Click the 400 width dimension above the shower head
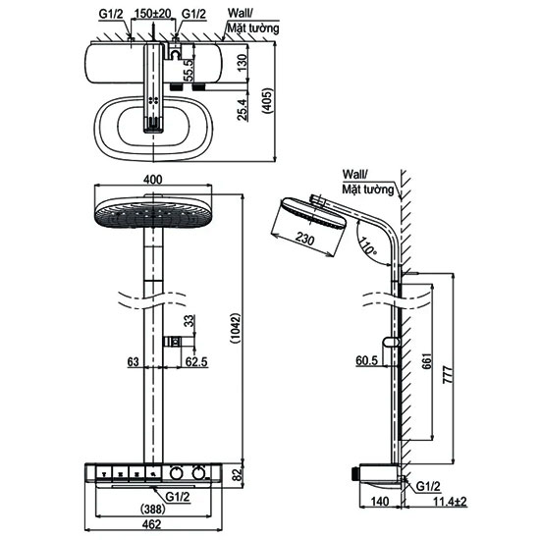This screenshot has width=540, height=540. click(x=153, y=180)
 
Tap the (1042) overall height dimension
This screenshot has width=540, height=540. click(x=236, y=328)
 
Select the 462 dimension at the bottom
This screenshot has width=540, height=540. click(x=151, y=524)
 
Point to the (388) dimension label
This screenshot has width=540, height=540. click(x=152, y=509)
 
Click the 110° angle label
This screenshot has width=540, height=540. click(x=367, y=244)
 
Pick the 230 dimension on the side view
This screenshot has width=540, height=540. click(x=304, y=238)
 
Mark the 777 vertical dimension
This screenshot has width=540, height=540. click(x=448, y=376)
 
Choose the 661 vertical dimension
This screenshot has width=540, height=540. click(x=426, y=361)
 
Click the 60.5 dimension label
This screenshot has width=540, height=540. click(x=367, y=360)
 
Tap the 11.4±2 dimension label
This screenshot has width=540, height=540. click(x=450, y=502)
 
